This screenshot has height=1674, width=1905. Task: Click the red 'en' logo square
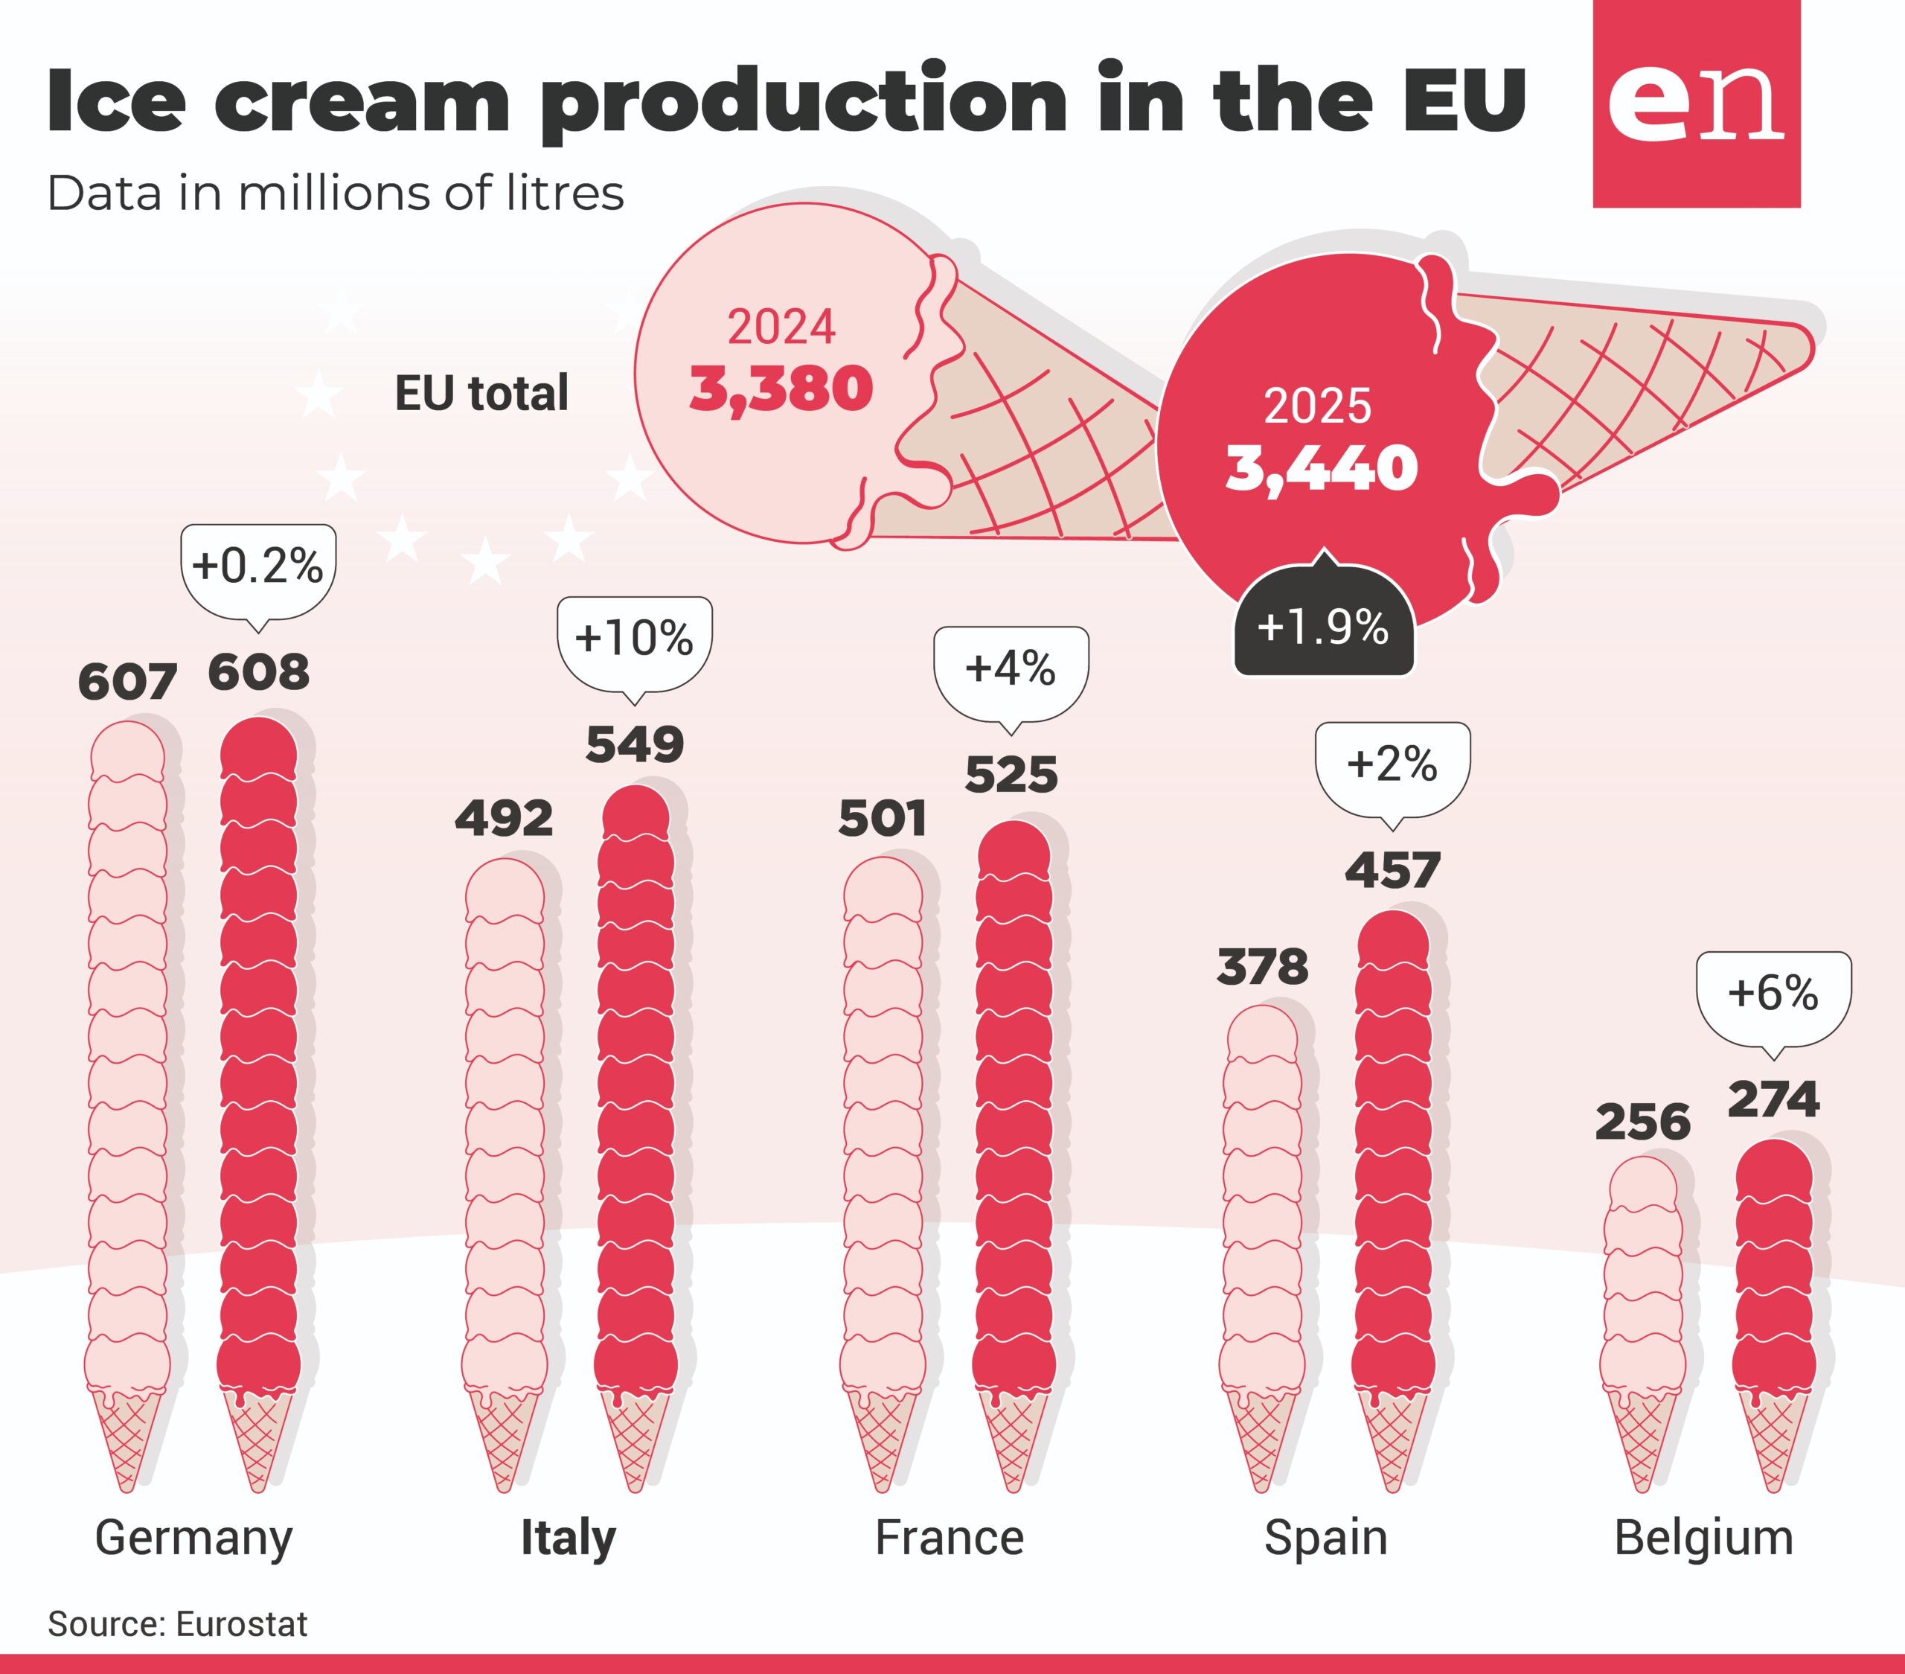[1696, 103]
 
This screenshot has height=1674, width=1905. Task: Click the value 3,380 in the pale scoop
[781, 389]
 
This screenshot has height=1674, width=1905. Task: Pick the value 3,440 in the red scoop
[1322, 468]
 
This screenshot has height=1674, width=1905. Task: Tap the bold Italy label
[569, 1539]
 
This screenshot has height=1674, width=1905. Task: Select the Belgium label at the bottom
[1703, 1539]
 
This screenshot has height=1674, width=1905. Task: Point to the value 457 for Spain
[1392, 871]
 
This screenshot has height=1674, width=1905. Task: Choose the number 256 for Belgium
[1643, 1122]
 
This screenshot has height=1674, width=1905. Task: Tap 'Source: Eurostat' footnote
[177, 1623]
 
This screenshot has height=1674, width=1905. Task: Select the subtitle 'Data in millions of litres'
[336, 194]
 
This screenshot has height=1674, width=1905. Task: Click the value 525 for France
[1011, 775]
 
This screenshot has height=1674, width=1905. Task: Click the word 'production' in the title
[804, 100]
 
